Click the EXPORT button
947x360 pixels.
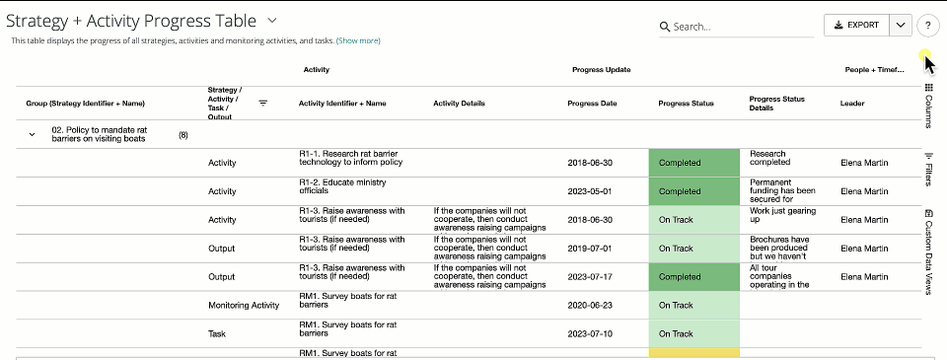point(856,26)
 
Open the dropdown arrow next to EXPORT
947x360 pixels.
point(900,26)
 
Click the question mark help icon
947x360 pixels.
point(927,27)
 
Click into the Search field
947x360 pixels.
point(740,27)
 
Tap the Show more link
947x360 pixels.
point(358,41)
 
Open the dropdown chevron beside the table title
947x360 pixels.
point(272,20)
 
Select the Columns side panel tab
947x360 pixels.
point(929,107)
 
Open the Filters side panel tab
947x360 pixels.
point(929,170)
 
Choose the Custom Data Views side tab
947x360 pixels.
point(929,252)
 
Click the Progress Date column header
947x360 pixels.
point(592,103)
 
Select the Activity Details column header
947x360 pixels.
point(459,103)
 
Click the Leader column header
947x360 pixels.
point(852,103)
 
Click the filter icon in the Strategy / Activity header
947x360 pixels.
point(263,103)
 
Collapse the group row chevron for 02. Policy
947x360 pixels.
point(32,134)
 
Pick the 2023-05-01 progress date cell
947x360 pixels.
point(591,191)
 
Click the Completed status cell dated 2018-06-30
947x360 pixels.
point(694,163)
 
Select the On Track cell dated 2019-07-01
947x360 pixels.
point(694,249)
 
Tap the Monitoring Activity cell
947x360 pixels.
point(244,306)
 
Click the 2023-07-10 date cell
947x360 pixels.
point(591,334)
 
